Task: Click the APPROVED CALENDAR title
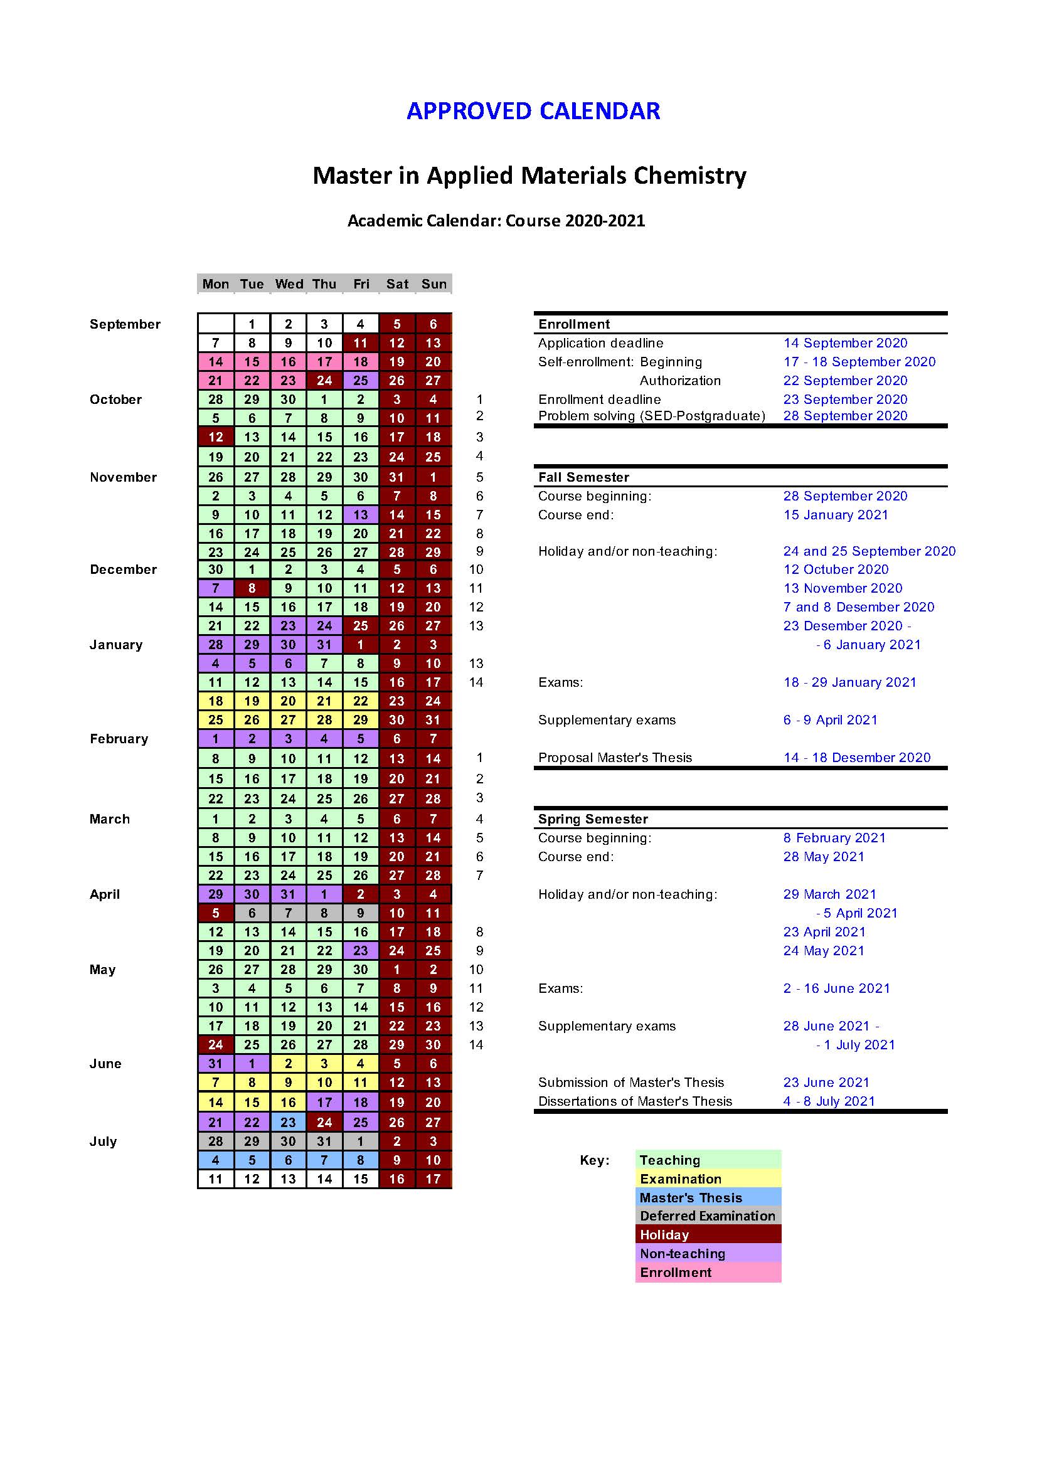[533, 111]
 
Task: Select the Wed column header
[289, 284]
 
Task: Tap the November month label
[124, 477]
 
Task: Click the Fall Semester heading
[583, 477]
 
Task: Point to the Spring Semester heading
[593, 819]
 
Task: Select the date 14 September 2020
[845, 343]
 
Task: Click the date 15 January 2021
[836, 515]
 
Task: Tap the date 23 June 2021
[826, 1083]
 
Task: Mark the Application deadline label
[600, 343]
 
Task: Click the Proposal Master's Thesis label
[615, 758]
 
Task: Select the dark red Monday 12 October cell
[216, 437]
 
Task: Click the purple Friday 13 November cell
[361, 515]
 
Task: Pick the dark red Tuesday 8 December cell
[252, 588]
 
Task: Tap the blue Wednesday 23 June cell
[288, 1122]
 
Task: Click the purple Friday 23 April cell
[361, 951]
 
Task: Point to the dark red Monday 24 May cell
[216, 1045]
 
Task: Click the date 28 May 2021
[824, 857]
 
